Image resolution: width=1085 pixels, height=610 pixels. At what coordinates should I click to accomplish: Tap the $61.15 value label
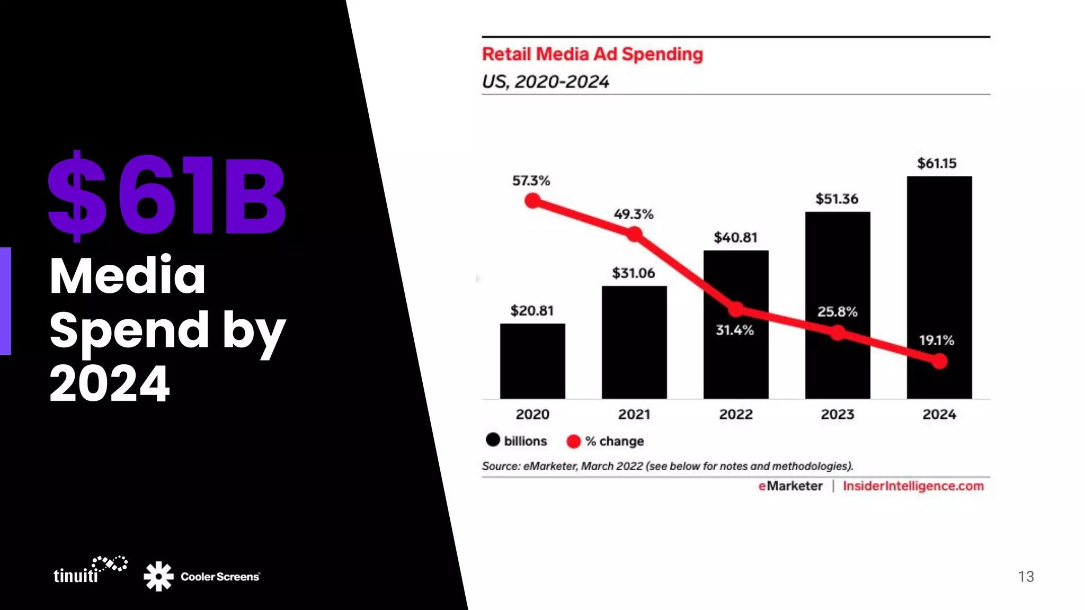[x=937, y=163]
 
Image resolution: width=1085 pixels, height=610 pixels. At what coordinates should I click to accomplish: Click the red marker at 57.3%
[x=532, y=201]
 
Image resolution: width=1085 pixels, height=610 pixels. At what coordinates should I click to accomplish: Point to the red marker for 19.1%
[x=939, y=361]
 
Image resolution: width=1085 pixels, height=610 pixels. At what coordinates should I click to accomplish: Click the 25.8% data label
[x=837, y=311]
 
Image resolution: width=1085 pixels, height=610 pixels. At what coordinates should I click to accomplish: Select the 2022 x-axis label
[x=736, y=414]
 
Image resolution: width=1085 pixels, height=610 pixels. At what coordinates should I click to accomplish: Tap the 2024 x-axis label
[x=939, y=414]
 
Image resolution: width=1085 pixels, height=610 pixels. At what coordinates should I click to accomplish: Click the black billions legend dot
[x=493, y=439]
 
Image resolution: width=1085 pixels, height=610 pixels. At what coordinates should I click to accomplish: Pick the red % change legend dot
[x=573, y=441]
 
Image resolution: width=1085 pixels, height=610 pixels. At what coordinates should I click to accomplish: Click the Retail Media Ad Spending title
[x=592, y=54]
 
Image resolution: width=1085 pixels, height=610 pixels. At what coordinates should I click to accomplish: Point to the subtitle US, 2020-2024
[x=545, y=82]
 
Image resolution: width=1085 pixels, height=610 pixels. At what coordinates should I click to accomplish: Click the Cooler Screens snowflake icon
[x=158, y=576]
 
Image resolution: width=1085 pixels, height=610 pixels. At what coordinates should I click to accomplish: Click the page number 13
[x=1026, y=577]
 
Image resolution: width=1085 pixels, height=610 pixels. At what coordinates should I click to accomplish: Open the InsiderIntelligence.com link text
[x=913, y=486]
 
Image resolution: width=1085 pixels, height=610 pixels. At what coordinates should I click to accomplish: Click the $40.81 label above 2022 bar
[x=735, y=237]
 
